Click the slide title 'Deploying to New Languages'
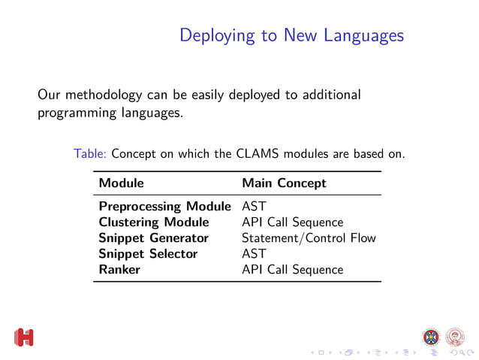(292, 35)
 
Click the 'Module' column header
(122, 183)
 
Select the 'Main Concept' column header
(284, 183)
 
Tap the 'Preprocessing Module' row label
(164, 206)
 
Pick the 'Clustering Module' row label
(154, 222)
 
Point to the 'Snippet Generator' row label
(153, 237)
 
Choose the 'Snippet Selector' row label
(148, 253)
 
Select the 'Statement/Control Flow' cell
(309, 237)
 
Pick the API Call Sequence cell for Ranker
(292, 269)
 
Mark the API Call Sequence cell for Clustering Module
(292, 222)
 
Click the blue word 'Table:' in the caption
(92, 154)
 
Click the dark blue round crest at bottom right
(431, 335)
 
